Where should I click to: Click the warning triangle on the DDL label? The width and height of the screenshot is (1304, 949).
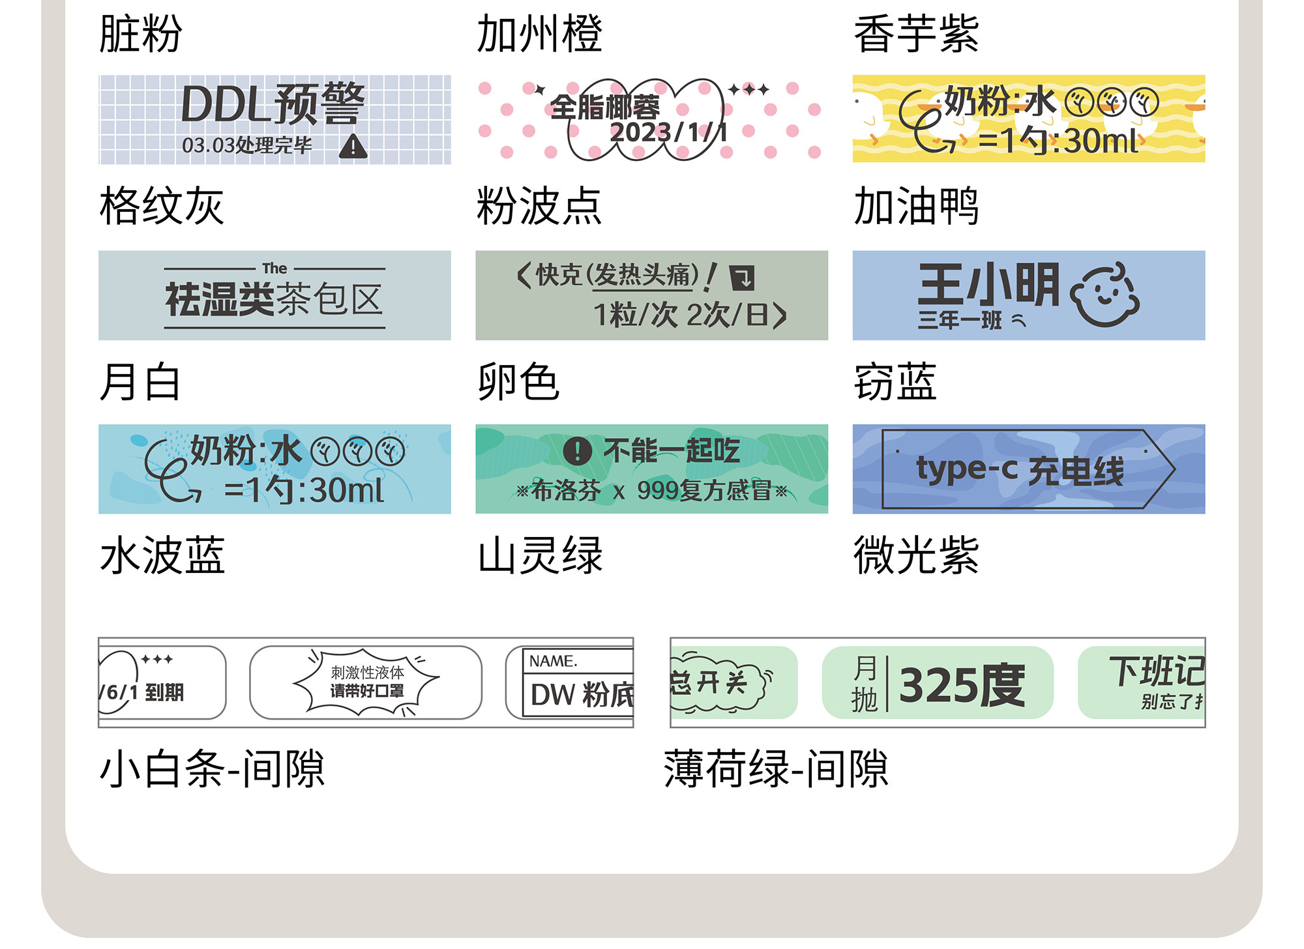click(353, 147)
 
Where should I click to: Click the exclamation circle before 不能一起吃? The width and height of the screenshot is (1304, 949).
click(577, 450)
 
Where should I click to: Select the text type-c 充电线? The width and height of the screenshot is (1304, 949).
click(1020, 469)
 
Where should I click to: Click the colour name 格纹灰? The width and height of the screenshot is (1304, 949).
click(162, 206)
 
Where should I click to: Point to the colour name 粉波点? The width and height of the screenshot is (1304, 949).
click(539, 206)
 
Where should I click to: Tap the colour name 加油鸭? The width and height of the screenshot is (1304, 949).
click(916, 206)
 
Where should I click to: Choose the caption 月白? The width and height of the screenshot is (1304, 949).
click(140, 382)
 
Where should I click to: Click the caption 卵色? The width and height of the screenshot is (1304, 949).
click(518, 382)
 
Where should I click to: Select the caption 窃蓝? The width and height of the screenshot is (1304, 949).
click(895, 382)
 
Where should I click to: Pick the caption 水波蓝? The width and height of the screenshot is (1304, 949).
click(162, 555)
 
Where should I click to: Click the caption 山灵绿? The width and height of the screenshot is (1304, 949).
click(540, 555)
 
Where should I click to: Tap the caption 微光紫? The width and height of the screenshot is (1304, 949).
click(916, 555)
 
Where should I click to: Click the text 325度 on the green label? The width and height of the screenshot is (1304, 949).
click(962, 686)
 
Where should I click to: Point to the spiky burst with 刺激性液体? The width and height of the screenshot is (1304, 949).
click(366, 682)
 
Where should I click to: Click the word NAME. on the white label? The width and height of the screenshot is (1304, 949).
click(553, 661)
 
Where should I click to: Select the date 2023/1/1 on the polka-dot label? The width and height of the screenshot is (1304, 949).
click(668, 133)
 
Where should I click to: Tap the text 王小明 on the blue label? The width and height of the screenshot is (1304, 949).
click(988, 285)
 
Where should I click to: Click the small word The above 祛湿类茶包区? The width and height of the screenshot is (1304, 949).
click(274, 269)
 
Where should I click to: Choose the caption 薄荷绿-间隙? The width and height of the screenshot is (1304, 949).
click(776, 768)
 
